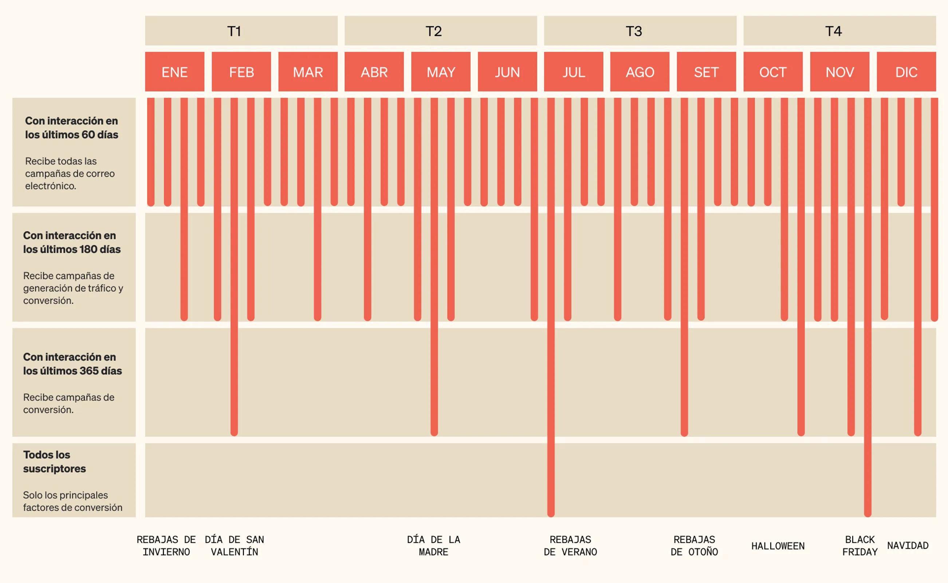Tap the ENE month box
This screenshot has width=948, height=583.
174,72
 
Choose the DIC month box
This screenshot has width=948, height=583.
906,72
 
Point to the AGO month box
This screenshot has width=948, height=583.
640,72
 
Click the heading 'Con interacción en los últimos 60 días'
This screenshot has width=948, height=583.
72,128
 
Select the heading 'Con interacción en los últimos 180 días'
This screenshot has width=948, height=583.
72,242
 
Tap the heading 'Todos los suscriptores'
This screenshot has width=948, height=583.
54,462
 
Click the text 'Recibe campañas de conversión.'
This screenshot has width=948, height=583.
68,403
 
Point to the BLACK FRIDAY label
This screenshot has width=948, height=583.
860,545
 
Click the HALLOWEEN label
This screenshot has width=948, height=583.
778,546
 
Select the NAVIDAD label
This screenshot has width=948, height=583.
908,545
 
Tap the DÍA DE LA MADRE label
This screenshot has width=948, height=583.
433,545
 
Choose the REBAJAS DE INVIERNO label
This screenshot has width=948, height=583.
166,545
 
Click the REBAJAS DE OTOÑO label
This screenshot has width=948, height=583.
694,545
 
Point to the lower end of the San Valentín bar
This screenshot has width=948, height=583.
234,432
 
